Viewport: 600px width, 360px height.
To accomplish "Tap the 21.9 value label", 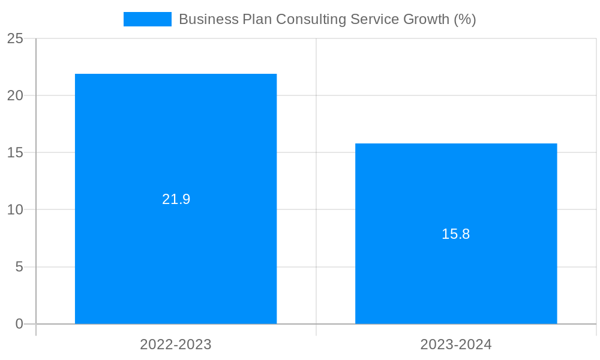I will pyautogui.click(x=176, y=199).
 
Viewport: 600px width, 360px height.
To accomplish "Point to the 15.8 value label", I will pyautogui.click(x=456, y=234).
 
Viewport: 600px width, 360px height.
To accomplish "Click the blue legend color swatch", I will pyautogui.click(x=147, y=19).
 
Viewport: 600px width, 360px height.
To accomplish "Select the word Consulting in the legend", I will pyautogui.click(x=307, y=19).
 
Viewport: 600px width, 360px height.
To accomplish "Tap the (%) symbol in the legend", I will pyautogui.click(x=464, y=19).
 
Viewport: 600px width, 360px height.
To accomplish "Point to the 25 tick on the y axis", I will pyautogui.click(x=15, y=39).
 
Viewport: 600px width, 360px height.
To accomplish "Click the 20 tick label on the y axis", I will pyautogui.click(x=15, y=95).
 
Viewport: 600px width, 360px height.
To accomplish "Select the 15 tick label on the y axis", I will pyautogui.click(x=15, y=152).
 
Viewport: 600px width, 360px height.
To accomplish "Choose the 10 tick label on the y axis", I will pyautogui.click(x=15, y=209).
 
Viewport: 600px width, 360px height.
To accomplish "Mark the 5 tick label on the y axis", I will pyautogui.click(x=19, y=267).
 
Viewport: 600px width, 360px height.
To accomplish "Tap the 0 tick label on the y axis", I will pyautogui.click(x=19, y=324).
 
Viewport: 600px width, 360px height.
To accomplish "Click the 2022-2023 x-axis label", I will pyautogui.click(x=176, y=344).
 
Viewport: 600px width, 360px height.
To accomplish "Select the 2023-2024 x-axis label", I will pyautogui.click(x=456, y=344).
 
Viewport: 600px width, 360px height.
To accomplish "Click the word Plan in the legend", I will pyautogui.click(x=256, y=19).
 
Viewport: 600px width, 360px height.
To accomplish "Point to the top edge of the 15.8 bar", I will pyautogui.click(x=456, y=144).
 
